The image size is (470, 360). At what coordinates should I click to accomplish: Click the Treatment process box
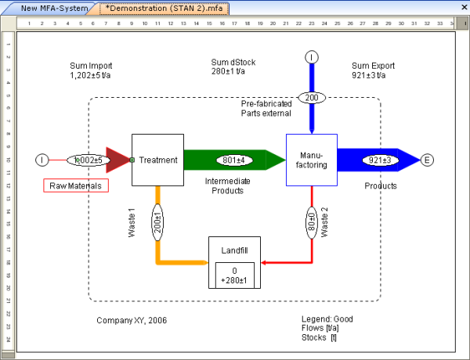(157, 160)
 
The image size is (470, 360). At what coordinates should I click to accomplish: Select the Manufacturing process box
(311, 160)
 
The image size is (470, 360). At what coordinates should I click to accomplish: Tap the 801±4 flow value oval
(233, 160)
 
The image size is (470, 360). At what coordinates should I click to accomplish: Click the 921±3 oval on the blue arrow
(380, 160)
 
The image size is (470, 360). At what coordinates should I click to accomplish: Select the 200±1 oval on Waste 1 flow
(157, 224)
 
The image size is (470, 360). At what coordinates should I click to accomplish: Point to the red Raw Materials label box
(75, 185)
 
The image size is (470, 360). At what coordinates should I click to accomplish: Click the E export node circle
(427, 160)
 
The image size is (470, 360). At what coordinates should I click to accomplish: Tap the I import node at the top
(312, 57)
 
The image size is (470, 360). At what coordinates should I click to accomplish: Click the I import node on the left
(42, 160)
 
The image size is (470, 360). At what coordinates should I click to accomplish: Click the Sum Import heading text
(91, 67)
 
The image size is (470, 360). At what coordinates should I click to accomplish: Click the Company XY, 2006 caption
(132, 320)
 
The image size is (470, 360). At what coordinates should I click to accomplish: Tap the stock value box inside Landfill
(234, 275)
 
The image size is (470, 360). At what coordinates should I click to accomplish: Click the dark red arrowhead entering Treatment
(117, 160)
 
